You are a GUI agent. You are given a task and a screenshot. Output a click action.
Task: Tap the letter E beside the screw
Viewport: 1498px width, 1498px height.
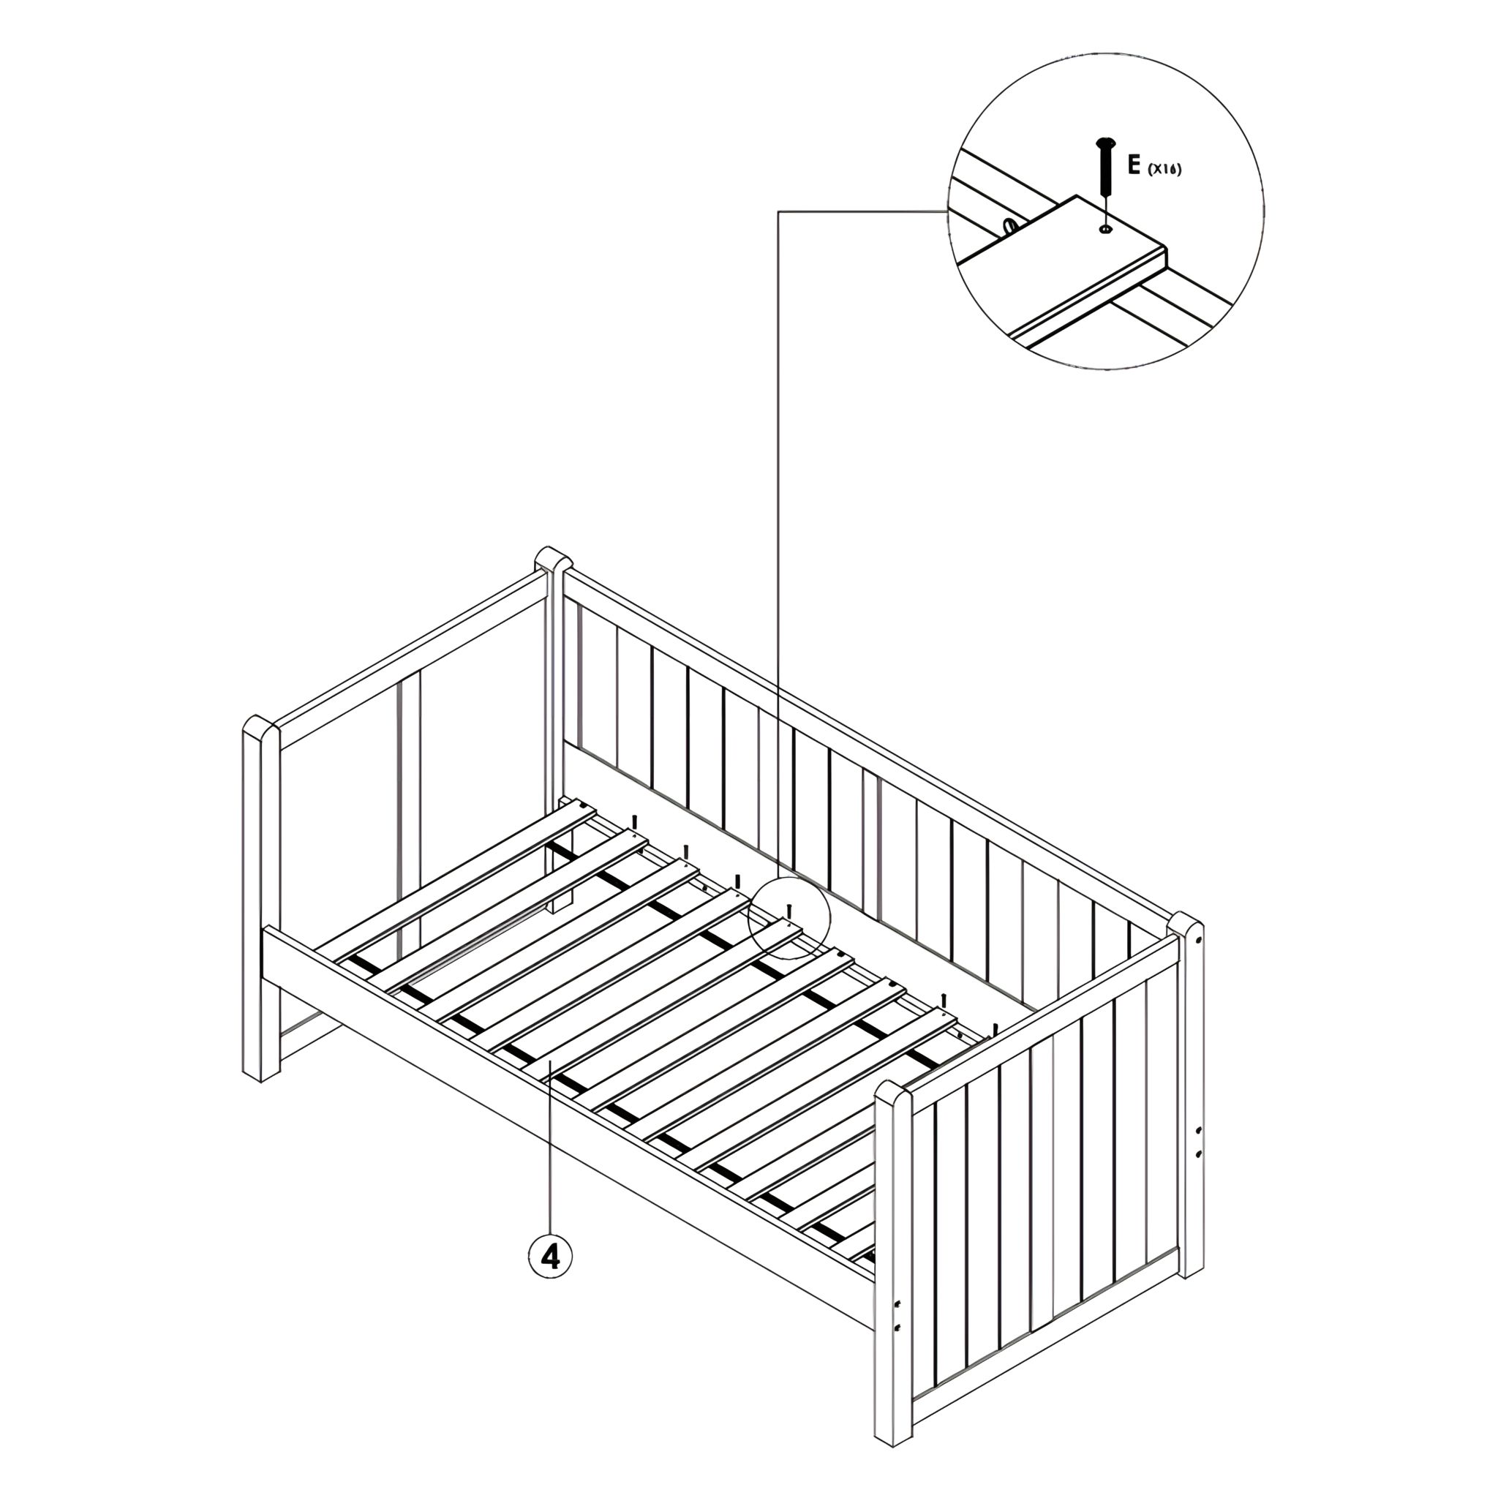[x=1134, y=165]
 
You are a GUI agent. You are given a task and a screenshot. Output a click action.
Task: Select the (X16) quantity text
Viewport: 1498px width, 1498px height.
[x=1164, y=169]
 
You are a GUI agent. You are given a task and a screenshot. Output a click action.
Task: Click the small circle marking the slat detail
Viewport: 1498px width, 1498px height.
[x=789, y=919]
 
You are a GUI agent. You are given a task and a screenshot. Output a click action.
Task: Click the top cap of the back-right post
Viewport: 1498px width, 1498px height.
[x=1186, y=927]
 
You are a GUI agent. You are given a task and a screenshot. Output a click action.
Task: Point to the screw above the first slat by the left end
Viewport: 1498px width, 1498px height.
[x=635, y=823]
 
